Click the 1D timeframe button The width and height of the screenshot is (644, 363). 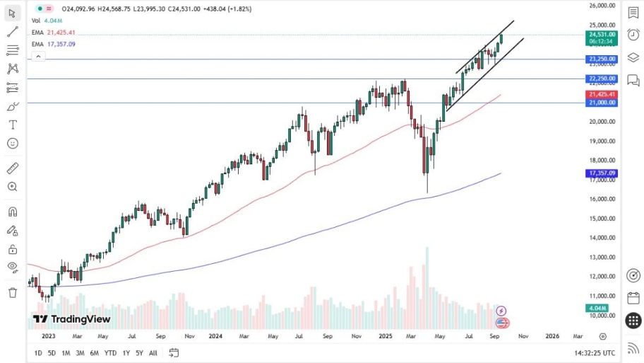click(37, 352)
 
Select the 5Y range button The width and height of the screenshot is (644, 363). click(139, 352)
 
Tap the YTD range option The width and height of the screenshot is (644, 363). click(110, 352)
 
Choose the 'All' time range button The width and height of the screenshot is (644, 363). click(153, 352)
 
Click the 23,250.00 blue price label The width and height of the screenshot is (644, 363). click(601, 59)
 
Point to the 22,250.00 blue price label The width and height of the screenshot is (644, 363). click(601, 79)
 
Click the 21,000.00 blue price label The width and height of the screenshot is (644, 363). click(601, 103)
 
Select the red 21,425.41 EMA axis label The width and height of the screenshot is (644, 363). click(601, 94)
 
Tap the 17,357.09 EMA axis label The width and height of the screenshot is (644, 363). click(601, 173)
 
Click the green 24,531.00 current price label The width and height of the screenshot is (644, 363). click(601, 34)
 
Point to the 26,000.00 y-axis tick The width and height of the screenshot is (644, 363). click(602, 6)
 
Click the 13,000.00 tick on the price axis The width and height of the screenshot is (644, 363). click(602, 257)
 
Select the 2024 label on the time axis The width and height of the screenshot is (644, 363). click(216, 336)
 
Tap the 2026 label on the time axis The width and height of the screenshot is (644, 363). click(552, 336)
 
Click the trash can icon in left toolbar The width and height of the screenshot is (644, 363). click(12, 292)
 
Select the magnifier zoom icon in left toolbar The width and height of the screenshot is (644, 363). click(12, 187)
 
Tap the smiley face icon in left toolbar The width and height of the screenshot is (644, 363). click(12, 143)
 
